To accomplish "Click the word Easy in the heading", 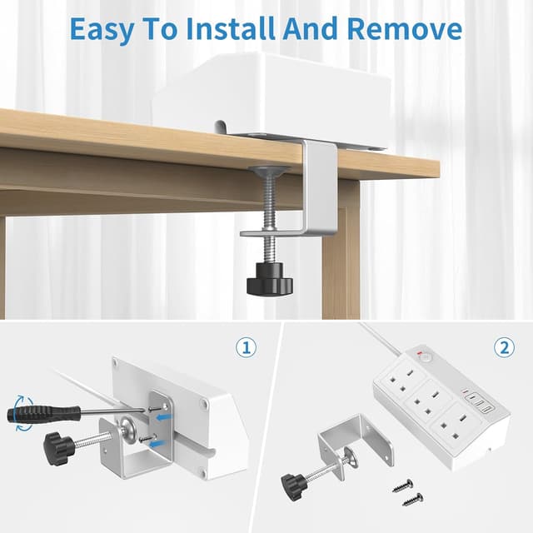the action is [102, 30].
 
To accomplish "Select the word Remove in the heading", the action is [405, 28].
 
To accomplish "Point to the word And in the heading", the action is [311, 28].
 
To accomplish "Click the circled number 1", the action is [247, 348].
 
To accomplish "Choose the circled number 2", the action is [504, 347].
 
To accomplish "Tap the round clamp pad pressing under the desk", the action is [269, 170].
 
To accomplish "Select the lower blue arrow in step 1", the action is [158, 444].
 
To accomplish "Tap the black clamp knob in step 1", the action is [57, 447].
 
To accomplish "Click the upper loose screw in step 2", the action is [403, 486].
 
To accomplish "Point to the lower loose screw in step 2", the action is [413, 500].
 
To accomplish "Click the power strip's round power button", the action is [424, 357].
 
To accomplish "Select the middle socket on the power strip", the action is [428, 401].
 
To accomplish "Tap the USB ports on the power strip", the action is [476, 404].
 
